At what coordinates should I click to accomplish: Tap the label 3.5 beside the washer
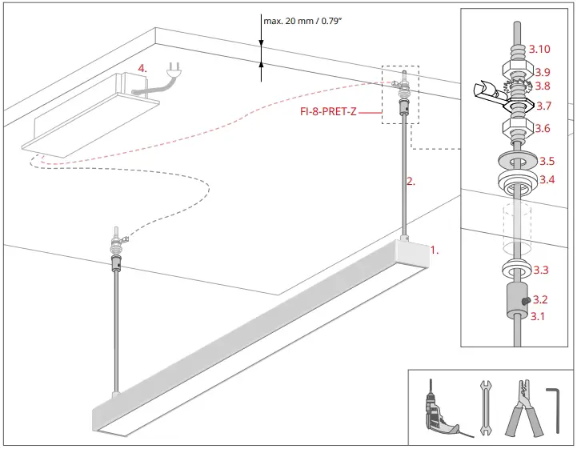pyautogui.click(x=547, y=161)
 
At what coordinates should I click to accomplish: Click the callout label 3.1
pyautogui.click(x=540, y=316)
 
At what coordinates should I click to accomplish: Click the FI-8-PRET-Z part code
pyautogui.click(x=328, y=112)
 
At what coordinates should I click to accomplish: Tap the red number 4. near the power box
pyautogui.click(x=142, y=69)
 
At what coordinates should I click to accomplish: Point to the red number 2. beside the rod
pyautogui.click(x=411, y=182)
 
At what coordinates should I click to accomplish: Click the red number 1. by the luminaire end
pyautogui.click(x=435, y=250)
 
